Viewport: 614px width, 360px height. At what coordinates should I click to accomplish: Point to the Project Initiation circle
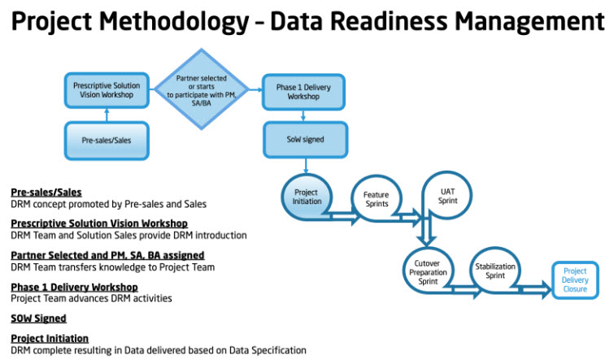(x=307, y=197)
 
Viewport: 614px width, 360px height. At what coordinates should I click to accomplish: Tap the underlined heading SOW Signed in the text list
(x=38, y=319)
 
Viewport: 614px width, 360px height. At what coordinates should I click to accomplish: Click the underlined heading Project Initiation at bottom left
(x=50, y=338)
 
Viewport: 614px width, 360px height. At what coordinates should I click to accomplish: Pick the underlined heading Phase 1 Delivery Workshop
(x=74, y=287)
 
